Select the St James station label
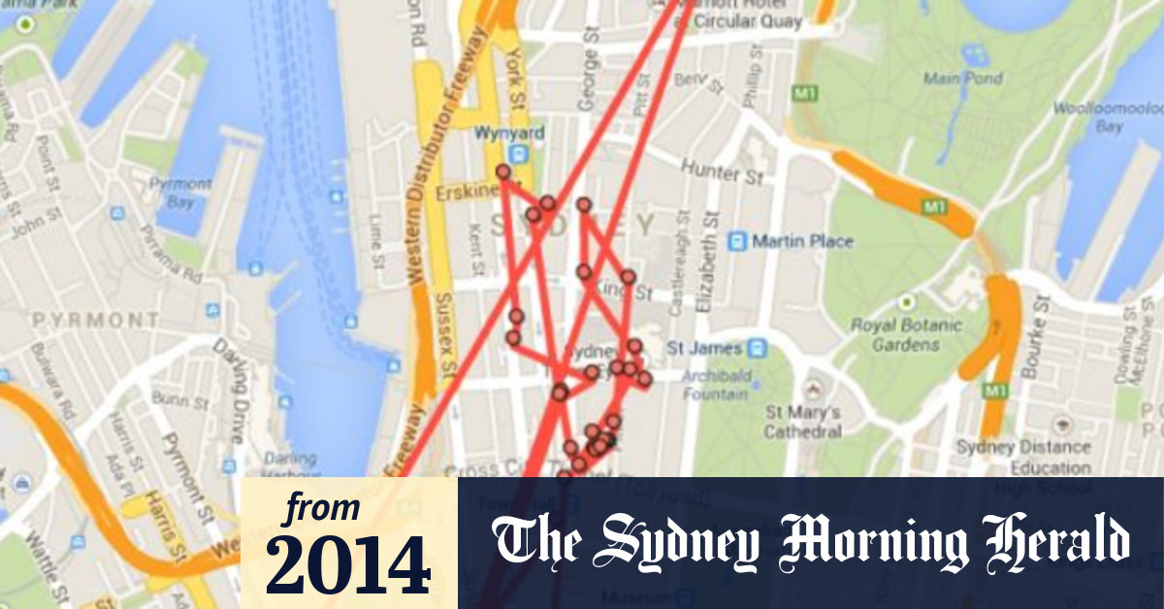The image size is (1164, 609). (703, 347)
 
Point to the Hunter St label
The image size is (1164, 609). (722, 173)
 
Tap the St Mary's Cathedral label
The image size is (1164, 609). (803, 422)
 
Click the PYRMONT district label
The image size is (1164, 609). (96, 318)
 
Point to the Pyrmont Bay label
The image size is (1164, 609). (182, 192)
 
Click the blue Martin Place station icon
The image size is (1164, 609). (737, 240)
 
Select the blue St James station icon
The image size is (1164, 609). (757, 347)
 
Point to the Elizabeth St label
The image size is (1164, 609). (715, 266)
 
